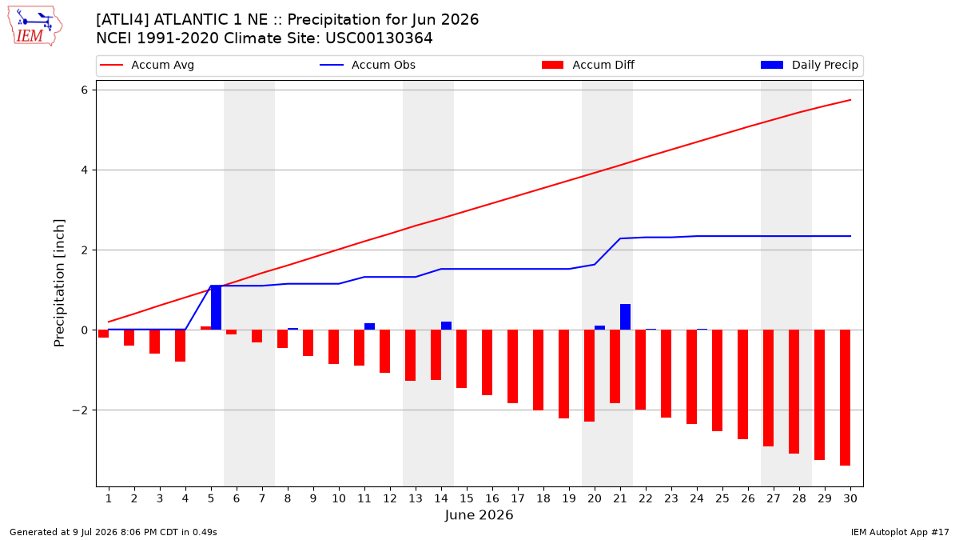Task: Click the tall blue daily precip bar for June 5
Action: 217,307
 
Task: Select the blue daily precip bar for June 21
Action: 625,317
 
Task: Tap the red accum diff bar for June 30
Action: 845,398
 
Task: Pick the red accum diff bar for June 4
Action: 181,346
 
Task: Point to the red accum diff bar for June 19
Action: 564,374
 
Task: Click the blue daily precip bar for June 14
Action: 446,326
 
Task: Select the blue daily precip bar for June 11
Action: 369,326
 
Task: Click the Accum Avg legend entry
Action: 147,65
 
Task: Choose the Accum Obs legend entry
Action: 368,65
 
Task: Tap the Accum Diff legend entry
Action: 588,65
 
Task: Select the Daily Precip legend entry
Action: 810,65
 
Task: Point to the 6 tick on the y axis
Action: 85,90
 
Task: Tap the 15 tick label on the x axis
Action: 467,498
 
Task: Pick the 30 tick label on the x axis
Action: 850,498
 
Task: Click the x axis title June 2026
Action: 479,514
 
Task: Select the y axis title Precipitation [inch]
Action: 59,283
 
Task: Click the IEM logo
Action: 34,26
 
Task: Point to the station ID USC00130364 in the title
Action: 379,38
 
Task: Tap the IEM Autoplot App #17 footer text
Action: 900,532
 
